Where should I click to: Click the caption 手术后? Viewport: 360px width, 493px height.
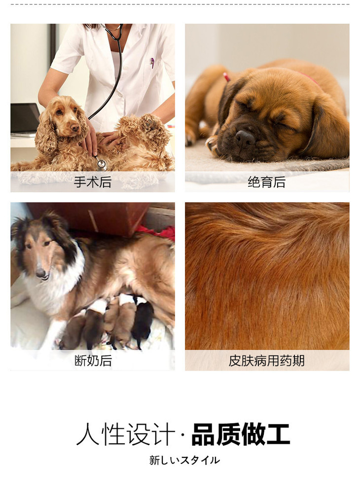tap(93, 182)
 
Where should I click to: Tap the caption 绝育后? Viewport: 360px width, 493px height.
tap(267, 182)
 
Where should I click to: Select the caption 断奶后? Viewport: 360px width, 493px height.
tap(93, 360)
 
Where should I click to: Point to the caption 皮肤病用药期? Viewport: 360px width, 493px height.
tap(267, 360)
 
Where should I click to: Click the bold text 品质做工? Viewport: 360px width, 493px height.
tap(241, 434)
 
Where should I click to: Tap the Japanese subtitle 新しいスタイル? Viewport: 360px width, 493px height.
tap(184, 460)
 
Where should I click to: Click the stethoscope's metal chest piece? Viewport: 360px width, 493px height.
tap(102, 164)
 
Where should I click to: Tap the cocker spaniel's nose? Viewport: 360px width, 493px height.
tap(75, 128)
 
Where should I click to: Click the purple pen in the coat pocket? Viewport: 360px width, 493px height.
tap(152, 63)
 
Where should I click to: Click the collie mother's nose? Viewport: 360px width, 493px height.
tap(41, 274)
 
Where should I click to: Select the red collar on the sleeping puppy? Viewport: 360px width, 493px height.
tap(227, 77)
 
